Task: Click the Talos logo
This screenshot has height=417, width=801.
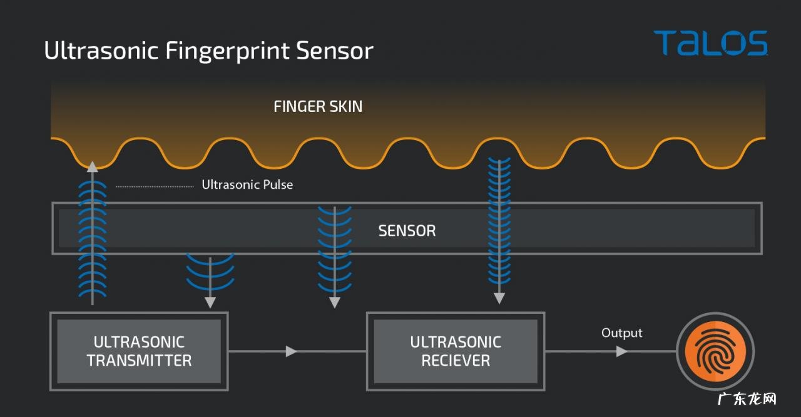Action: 710,43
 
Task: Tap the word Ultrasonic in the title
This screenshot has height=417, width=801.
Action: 101,50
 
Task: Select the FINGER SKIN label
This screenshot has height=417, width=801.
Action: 318,106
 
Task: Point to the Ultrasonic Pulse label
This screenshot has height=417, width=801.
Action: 247,185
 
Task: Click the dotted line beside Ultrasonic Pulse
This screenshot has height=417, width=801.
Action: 155,186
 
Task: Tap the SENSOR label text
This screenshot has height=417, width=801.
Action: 407,231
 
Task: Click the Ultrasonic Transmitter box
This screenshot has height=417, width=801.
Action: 139,351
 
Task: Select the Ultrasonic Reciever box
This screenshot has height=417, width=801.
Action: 456,351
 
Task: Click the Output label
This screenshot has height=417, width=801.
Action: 621,333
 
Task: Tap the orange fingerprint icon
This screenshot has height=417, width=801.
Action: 715,351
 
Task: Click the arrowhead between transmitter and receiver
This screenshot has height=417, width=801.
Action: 291,351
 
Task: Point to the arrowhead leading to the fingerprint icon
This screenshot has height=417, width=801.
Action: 621,351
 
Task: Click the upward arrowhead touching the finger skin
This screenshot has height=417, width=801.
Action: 93,166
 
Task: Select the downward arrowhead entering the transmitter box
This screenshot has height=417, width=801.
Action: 210,303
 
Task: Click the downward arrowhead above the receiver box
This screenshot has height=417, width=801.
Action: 499,298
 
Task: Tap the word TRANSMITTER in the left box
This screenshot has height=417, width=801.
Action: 139,361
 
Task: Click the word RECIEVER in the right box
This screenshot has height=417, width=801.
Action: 456,361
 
